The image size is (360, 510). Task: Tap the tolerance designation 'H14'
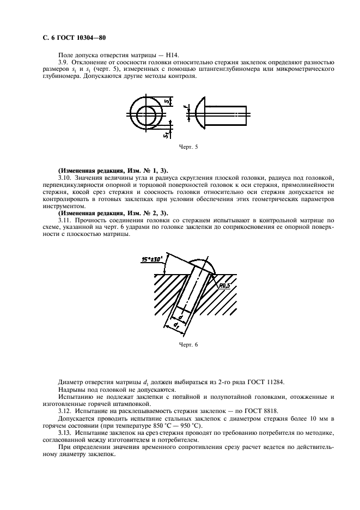[178, 55]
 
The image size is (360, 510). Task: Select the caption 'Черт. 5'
[188, 147]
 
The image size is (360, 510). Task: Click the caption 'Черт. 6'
[188, 345]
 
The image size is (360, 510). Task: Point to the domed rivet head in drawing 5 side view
[200, 114]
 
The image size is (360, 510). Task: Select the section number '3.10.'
[65, 178]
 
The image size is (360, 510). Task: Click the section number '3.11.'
[65, 220]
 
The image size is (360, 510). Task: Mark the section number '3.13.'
[65, 431]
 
